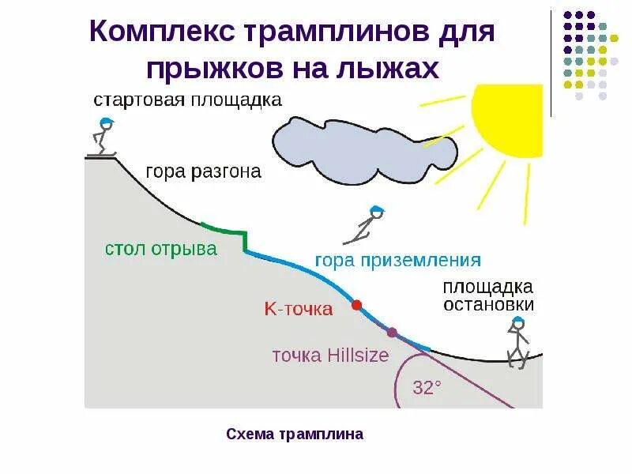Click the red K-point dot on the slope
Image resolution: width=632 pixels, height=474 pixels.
[356, 304]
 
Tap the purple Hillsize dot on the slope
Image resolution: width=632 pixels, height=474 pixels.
[392, 332]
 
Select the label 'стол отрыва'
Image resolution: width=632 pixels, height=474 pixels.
[161, 249]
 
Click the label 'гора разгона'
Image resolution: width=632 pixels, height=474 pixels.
[203, 172]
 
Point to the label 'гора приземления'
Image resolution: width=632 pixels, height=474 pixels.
[397, 259]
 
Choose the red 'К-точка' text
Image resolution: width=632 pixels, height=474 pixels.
[299, 309]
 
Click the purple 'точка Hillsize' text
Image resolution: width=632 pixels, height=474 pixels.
[330, 355]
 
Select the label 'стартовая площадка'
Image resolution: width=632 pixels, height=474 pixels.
[188, 100]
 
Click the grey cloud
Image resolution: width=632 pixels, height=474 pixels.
[363, 142]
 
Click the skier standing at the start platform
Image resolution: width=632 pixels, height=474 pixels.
[103, 136]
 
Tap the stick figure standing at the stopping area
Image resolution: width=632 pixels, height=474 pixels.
[517, 342]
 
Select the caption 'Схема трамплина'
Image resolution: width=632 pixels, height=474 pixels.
[295, 434]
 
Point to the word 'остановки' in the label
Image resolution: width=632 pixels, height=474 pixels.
[488, 304]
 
